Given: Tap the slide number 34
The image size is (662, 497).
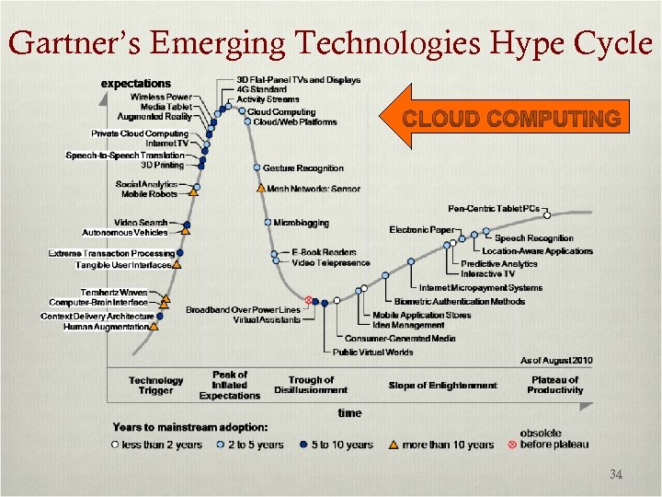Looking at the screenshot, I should [x=616, y=475].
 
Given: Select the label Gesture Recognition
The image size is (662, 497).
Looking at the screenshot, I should [x=302, y=168].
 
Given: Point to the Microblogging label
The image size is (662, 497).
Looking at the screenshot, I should [x=301, y=223].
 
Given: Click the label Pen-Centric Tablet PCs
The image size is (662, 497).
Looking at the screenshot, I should [x=494, y=209].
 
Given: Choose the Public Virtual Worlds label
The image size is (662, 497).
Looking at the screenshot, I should [x=373, y=352].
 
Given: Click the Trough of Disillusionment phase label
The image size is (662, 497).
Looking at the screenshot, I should [x=311, y=386].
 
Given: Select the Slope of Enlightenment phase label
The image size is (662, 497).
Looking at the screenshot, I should [x=442, y=386].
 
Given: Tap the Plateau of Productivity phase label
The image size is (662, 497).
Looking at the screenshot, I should [x=555, y=385].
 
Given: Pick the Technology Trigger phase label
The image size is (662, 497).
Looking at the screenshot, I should [x=155, y=386].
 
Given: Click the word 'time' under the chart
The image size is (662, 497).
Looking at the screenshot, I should [x=348, y=413].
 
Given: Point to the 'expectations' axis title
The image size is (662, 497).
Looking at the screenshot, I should [x=135, y=84].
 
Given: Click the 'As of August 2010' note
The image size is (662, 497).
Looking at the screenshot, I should [x=556, y=360].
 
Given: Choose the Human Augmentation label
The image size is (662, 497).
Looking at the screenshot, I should [x=106, y=327].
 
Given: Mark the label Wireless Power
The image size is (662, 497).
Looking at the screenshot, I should [x=161, y=97].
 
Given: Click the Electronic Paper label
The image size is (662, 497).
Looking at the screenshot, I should [x=420, y=229].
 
